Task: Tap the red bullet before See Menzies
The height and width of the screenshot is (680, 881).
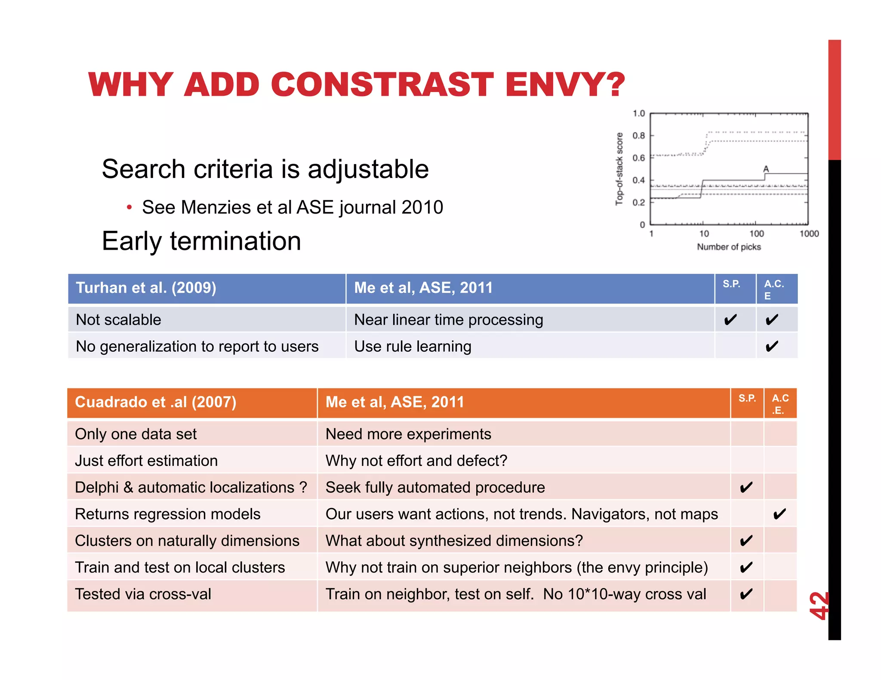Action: pyautogui.click(x=129, y=208)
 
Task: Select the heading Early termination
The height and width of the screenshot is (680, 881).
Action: pyautogui.click(x=201, y=241)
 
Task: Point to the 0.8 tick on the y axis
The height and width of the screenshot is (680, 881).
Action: pyautogui.click(x=638, y=136)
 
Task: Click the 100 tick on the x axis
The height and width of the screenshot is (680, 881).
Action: pyautogui.click(x=756, y=234)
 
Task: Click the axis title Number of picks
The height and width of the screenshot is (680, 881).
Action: pyautogui.click(x=729, y=247)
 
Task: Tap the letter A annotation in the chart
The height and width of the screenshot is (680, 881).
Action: pyautogui.click(x=766, y=169)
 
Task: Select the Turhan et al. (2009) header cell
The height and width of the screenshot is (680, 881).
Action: pyautogui.click(x=146, y=288)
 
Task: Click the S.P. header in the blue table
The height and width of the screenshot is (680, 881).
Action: pyautogui.click(x=731, y=284)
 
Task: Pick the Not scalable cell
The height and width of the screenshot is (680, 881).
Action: pyautogui.click(x=118, y=320)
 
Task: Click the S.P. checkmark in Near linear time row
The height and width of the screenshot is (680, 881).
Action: pyautogui.click(x=730, y=320)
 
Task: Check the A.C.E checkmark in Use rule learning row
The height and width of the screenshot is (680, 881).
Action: pyautogui.click(x=772, y=346)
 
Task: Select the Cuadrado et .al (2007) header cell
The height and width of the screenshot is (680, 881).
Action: pyautogui.click(x=155, y=402)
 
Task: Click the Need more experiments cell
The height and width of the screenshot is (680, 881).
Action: pyautogui.click(x=408, y=434)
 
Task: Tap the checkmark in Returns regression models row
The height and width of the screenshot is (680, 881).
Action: pyautogui.click(x=779, y=514)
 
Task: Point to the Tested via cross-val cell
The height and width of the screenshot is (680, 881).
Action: pyautogui.click(x=143, y=594)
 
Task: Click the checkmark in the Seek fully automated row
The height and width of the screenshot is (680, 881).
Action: pyautogui.click(x=746, y=487)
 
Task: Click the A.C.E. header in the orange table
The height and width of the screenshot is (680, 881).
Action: pyautogui.click(x=780, y=404)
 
